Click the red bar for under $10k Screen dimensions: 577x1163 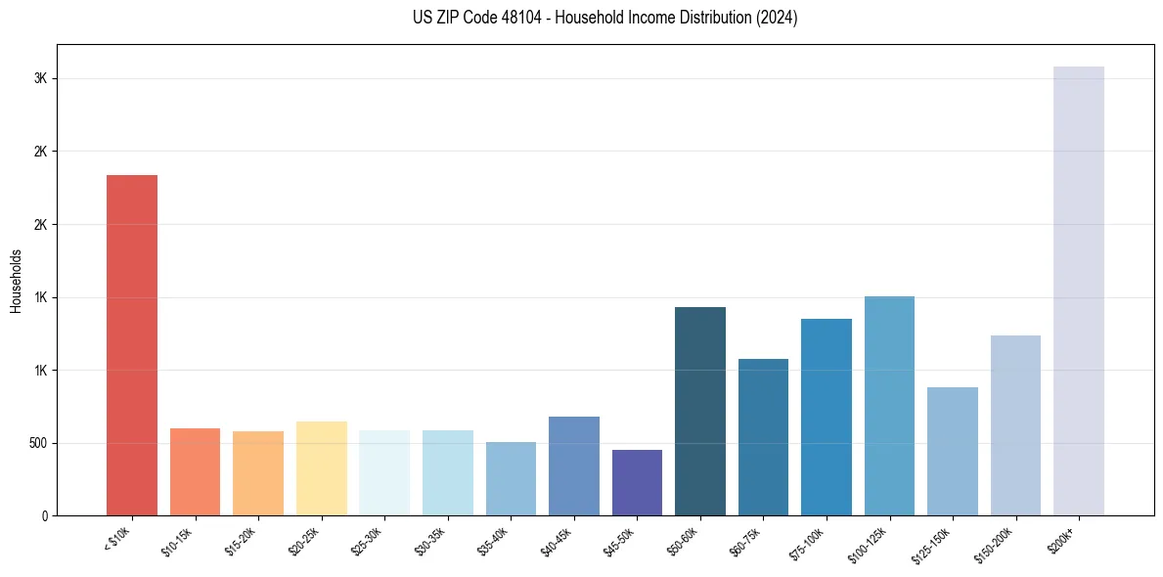pyautogui.click(x=132, y=344)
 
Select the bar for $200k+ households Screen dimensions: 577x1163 pyautogui.click(x=1079, y=290)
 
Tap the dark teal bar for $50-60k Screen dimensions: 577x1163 pyautogui.click(x=700, y=411)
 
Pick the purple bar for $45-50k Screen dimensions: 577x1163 pyautogui.click(x=637, y=482)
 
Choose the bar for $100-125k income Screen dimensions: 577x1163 pyautogui.click(x=889, y=406)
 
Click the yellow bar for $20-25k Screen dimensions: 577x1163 pyautogui.click(x=322, y=468)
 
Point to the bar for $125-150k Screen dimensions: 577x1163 pyautogui.click(x=953, y=451)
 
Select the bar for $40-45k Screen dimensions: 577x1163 pyautogui.click(x=574, y=466)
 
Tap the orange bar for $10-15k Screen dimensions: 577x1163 pyautogui.click(x=195, y=471)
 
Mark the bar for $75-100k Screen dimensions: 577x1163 pyautogui.click(x=827, y=417)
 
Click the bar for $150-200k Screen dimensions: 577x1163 pyautogui.click(x=1015, y=425)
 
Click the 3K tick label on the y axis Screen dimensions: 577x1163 pyautogui.click(x=41, y=78)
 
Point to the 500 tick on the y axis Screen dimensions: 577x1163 pyautogui.click(x=36, y=443)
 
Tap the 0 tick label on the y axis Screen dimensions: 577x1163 pyautogui.click(x=45, y=515)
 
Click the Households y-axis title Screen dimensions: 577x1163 pyautogui.click(x=17, y=281)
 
